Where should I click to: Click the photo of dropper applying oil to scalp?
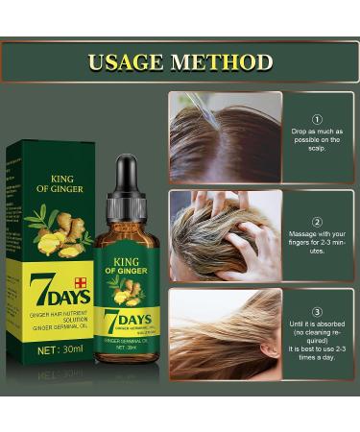tap(226, 135)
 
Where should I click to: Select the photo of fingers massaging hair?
tap(226, 235)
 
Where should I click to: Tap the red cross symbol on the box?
tap(83, 282)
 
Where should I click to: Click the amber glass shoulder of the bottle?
tap(126, 227)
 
